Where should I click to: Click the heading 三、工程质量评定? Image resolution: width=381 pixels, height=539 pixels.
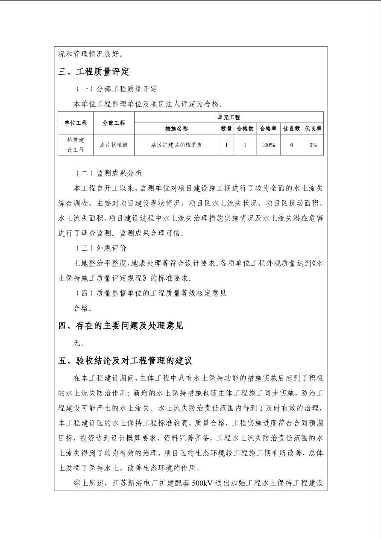click(x=94, y=71)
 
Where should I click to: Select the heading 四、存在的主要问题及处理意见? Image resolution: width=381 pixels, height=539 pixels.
click(x=121, y=325)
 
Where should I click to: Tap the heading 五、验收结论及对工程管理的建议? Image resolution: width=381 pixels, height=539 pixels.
click(x=126, y=361)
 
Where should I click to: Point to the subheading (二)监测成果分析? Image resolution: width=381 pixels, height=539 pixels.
click(x=109, y=173)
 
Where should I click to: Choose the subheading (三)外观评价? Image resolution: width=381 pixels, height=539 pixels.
click(x=101, y=248)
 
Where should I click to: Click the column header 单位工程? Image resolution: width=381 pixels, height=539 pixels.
click(x=76, y=123)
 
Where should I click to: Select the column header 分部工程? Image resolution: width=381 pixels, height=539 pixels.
click(x=114, y=123)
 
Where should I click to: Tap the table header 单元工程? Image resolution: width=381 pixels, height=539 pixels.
click(x=229, y=117)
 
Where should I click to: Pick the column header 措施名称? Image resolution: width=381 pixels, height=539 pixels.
click(x=176, y=128)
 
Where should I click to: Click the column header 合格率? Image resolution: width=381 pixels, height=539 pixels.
click(x=268, y=128)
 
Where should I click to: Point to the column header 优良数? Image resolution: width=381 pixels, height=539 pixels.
click(x=291, y=128)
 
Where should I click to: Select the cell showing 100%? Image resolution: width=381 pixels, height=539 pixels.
click(x=268, y=145)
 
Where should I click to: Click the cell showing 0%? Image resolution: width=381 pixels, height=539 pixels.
click(x=313, y=145)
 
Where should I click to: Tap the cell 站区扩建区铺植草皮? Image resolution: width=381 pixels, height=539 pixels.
click(x=176, y=145)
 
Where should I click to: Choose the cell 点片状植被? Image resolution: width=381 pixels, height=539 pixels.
click(x=114, y=145)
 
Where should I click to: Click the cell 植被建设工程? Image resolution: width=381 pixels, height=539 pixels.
click(x=76, y=145)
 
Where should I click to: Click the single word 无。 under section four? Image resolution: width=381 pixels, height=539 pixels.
click(x=79, y=343)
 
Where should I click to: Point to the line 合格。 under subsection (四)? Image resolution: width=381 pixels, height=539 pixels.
click(x=83, y=308)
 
